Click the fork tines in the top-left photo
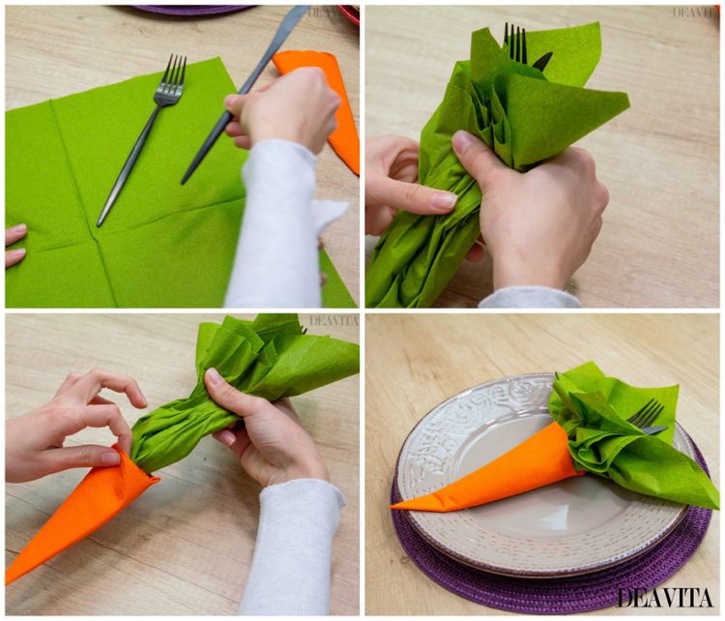pos(172,74)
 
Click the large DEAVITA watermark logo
pos(664,598)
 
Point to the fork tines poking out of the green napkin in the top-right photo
pos(515,43)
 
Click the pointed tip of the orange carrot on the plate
pos(394,507)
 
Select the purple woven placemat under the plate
pos(555,574)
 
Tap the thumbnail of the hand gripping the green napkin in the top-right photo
pos(461,139)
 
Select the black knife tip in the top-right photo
pos(542,60)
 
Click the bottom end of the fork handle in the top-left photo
pos(99,224)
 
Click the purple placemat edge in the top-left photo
pos(194,10)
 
